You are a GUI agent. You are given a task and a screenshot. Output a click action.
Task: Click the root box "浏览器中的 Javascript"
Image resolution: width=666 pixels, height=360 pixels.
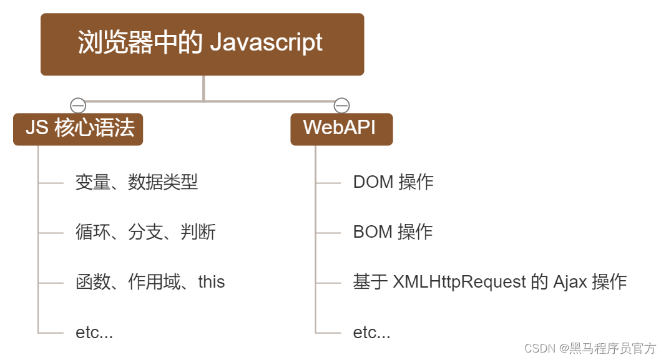pyautogui.click(x=202, y=44)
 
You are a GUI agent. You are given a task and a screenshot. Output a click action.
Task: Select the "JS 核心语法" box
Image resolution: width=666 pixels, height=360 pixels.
pyautogui.click(x=78, y=129)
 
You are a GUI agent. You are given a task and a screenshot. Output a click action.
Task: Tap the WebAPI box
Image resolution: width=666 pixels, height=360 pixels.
pyautogui.click(x=341, y=129)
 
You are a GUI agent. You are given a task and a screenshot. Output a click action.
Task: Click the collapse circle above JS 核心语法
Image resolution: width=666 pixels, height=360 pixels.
pyautogui.click(x=77, y=105)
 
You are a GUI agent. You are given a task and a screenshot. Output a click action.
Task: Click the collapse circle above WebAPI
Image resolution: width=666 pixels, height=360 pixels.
pyautogui.click(x=341, y=105)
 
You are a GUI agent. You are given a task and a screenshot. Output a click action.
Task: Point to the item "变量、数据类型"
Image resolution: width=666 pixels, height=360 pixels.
pyautogui.click(x=137, y=182)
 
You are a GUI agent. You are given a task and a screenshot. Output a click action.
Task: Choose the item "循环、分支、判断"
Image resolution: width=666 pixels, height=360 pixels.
pyautogui.click(x=145, y=232)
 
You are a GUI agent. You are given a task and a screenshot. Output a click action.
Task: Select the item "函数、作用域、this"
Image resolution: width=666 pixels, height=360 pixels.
pyautogui.click(x=150, y=282)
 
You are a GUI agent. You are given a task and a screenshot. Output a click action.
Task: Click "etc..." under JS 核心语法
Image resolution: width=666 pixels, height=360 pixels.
pyautogui.click(x=94, y=333)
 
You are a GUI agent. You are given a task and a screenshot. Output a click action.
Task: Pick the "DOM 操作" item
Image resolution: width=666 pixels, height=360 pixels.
pyautogui.click(x=393, y=182)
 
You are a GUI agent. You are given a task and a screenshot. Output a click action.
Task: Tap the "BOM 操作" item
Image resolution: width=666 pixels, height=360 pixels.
pyautogui.click(x=393, y=232)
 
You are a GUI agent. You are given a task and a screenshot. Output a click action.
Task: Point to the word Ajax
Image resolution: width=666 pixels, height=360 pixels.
pyautogui.click(x=570, y=282)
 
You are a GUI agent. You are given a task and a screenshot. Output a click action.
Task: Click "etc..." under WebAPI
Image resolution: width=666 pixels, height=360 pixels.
pyautogui.click(x=371, y=333)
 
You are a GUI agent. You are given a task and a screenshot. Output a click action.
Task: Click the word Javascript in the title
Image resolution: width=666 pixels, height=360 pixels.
pyautogui.click(x=267, y=42)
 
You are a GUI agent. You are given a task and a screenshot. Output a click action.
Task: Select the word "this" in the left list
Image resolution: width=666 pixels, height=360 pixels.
pyautogui.click(x=212, y=282)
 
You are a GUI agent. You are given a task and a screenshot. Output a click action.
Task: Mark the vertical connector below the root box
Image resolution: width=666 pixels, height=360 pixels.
pyautogui.click(x=203, y=87)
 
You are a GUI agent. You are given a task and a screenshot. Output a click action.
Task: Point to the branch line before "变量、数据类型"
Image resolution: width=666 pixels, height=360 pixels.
pyautogui.click(x=51, y=183)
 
